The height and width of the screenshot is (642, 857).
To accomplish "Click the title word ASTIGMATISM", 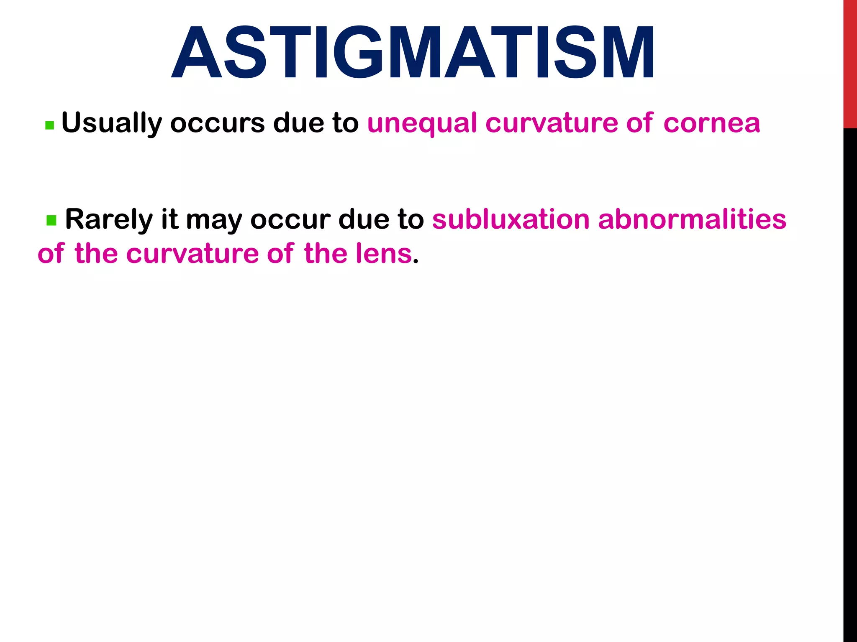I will click(413, 53).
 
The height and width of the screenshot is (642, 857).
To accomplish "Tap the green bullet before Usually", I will click(49, 125).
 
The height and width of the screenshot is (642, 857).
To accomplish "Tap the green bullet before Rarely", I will click(51, 220).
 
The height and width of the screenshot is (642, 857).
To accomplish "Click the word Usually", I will click(111, 124).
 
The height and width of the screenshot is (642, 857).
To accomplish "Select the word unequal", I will click(422, 124).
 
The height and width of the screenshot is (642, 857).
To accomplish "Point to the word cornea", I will click(711, 124).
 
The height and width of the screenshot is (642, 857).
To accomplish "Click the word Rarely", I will click(109, 220).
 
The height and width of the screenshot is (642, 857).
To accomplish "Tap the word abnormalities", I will click(692, 219).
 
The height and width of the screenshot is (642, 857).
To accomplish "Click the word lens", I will click(384, 253).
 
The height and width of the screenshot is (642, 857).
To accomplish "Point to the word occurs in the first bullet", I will click(217, 124).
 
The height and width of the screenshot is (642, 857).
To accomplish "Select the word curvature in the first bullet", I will click(551, 124).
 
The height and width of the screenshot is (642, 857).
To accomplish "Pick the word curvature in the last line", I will click(192, 253).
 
